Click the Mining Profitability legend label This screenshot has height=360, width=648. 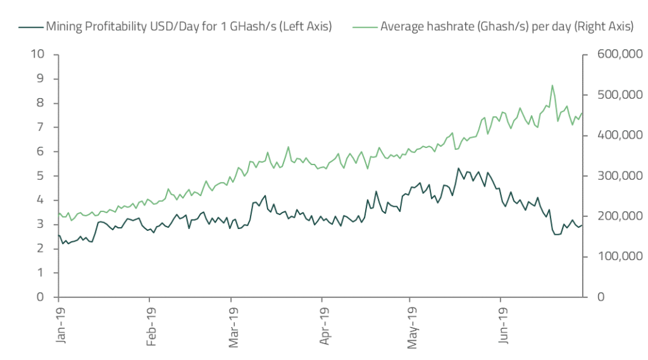pyautogui.click(x=188, y=27)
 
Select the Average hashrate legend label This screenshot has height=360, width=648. pyautogui.click(x=507, y=27)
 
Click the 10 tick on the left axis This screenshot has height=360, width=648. pyautogui.click(x=39, y=54)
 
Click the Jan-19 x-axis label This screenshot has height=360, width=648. pyautogui.click(x=61, y=326)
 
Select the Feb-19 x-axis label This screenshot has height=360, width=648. pyautogui.click(x=151, y=326)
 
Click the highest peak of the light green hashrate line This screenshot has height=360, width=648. pyautogui.click(x=552, y=85)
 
